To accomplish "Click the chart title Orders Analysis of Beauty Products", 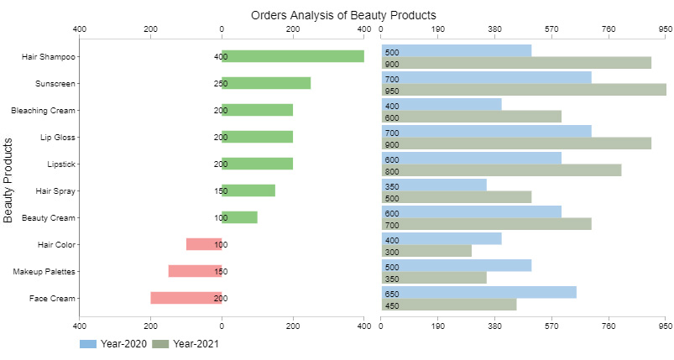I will [343, 15].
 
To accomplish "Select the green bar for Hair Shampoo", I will [292, 56].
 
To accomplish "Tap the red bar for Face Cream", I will [185, 298].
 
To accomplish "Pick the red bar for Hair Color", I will [203, 244].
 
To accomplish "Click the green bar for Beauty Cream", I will [239, 217].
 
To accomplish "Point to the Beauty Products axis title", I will [8, 180].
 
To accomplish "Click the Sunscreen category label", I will [55, 83].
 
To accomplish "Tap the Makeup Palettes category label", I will [44, 271].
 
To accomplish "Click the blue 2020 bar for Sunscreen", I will [486, 78].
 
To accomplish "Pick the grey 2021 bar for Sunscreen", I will [523, 90].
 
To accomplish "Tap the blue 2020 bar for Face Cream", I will [478, 293].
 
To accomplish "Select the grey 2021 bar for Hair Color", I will [426, 251].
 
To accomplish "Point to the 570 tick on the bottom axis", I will [551, 326].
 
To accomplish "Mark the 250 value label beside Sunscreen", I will [220, 83].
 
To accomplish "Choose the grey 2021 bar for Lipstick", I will [501, 170].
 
